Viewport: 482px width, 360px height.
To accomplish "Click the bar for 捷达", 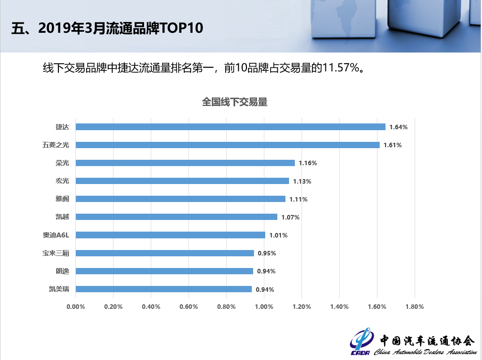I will pos(230,127).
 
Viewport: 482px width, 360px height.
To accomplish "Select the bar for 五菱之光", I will pos(228,145).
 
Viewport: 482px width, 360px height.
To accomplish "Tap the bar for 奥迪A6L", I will pos(171,235).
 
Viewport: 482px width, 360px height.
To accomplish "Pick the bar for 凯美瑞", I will pos(164,289).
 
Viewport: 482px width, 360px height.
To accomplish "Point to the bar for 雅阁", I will pos(180,199).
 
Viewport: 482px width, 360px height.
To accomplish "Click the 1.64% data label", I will pos(399,127).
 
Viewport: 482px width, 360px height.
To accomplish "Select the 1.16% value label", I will pos(308,163).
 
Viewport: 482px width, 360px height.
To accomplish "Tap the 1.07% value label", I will pos(290,217).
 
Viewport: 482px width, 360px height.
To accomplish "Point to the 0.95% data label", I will pos(267,253).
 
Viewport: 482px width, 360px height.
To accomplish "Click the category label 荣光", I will pos(62,163).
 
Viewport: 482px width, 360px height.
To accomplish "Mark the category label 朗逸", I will pos(62,271).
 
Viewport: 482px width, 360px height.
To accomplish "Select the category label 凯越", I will pos(62,217).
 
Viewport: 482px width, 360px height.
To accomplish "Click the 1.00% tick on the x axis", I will pos(264,307).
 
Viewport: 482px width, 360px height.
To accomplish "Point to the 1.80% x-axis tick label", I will pos(414,307).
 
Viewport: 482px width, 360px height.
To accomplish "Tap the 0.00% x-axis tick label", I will pos(76,307).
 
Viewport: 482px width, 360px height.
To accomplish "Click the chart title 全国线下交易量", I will pos(235,102).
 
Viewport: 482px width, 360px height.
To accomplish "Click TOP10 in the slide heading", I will pos(181,28).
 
